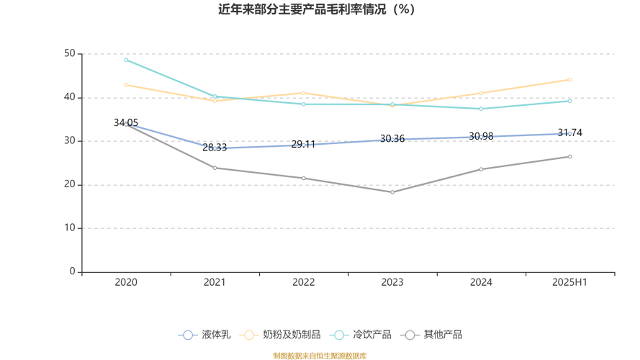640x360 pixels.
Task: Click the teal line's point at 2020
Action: click(126, 59)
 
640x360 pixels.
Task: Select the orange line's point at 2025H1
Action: click(570, 79)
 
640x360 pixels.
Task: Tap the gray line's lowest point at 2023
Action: click(392, 192)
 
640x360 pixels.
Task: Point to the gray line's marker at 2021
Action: click(215, 168)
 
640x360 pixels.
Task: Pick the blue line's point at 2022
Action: click(304, 145)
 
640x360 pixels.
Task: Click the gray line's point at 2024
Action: click(482, 168)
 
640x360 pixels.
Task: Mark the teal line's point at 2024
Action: click(482, 109)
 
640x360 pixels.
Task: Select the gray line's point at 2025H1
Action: click(570, 156)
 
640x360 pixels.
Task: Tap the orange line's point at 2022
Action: click(304, 92)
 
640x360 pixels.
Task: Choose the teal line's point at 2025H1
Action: click(570, 101)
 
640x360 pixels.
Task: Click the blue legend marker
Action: click(188, 334)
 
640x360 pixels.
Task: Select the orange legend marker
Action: click(251, 334)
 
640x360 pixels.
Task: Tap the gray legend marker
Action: click(410, 334)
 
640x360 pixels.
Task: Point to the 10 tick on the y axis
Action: click(72, 228)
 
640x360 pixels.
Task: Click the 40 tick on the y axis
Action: click(72, 96)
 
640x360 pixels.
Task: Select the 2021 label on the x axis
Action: click(215, 282)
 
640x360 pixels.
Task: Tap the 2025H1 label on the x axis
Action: click(570, 282)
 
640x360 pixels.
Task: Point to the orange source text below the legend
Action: click(320, 354)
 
